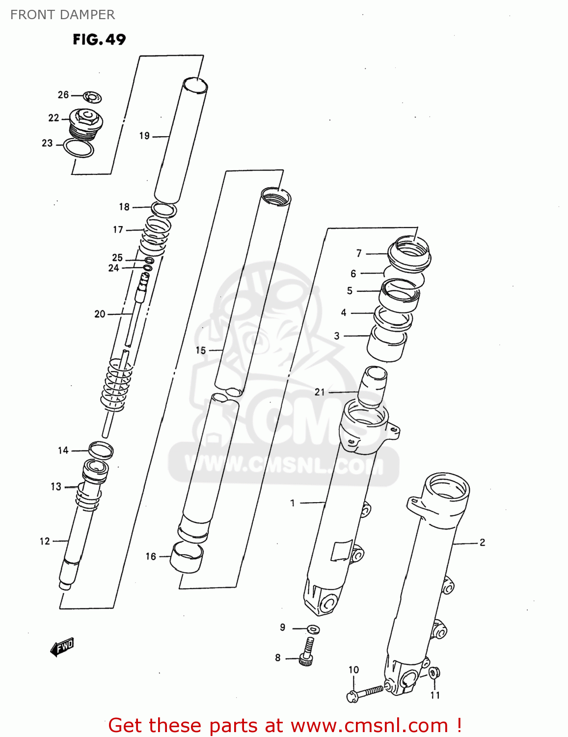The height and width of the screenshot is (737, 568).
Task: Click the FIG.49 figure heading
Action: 99,39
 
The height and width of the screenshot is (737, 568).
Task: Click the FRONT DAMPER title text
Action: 62,15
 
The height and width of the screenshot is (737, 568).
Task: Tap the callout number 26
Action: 63,95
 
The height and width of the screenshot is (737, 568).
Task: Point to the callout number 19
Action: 144,136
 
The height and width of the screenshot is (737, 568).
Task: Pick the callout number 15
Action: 201,350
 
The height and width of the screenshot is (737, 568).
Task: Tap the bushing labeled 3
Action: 387,344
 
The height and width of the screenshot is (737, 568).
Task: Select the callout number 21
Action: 320,392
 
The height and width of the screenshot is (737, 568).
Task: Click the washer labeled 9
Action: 313,629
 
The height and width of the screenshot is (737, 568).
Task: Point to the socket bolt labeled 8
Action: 306,653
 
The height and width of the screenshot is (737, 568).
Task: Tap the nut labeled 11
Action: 434,673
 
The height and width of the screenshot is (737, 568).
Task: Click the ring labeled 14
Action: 101,450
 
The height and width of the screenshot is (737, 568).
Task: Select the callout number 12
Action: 45,541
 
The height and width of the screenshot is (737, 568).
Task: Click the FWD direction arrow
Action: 62,648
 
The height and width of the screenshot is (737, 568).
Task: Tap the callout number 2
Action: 482,542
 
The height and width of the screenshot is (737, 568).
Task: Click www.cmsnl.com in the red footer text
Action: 369,725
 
